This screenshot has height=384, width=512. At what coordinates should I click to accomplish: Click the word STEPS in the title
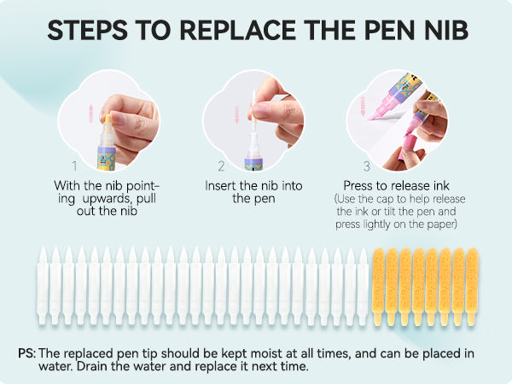[x=88, y=30]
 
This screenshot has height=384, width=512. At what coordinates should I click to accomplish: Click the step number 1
[x=75, y=166]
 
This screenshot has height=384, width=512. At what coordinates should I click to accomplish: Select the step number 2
[x=221, y=166]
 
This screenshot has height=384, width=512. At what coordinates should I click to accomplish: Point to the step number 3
[x=366, y=166]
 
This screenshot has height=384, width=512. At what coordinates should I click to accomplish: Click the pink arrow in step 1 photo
[x=91, y=113]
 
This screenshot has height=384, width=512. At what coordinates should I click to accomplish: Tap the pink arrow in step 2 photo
[x=236, y=114]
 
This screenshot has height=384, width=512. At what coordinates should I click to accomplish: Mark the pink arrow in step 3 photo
[x=362, y=106]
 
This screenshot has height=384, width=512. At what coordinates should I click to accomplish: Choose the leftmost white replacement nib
[x=43, y=286]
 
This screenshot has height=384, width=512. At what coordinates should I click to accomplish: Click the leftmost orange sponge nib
[x=378, y=287]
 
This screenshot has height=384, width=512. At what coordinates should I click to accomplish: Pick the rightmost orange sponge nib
[x=472, y=287]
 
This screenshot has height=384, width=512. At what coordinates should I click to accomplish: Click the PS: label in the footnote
[x=26, y=353]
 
